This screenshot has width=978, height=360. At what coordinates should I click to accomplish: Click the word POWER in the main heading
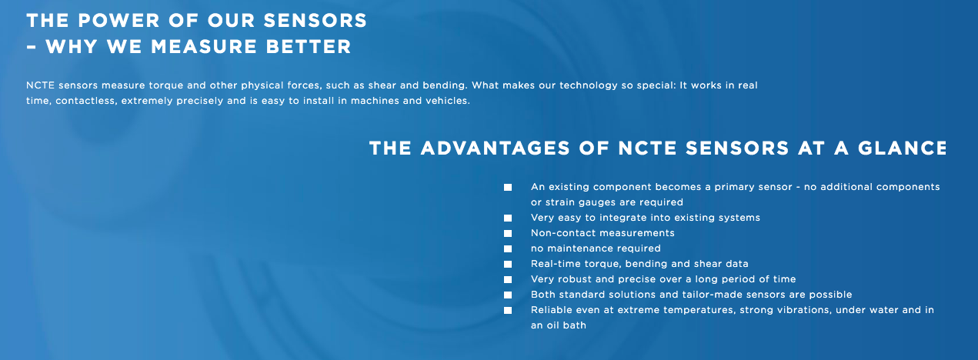pos(118,21)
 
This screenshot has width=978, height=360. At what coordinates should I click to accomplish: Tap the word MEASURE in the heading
pos(204,47)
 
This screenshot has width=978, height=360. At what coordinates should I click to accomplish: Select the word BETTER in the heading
pos(309,47)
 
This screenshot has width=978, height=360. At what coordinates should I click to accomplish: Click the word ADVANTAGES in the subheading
pos(495,148)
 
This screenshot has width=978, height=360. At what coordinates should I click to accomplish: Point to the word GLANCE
pos(903,148)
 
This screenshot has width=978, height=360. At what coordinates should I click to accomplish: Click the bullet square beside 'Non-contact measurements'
pos(508,233)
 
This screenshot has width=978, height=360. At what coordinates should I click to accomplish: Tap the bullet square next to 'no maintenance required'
pos(508,248)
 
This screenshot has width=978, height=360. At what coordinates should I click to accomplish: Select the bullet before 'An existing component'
pos(508,187)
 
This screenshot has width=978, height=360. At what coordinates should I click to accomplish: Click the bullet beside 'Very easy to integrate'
pos(508,218)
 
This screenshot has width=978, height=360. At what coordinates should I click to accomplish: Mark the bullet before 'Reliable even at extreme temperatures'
pos(508,310)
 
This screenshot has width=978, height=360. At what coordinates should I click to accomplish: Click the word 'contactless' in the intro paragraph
pos(86,101)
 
